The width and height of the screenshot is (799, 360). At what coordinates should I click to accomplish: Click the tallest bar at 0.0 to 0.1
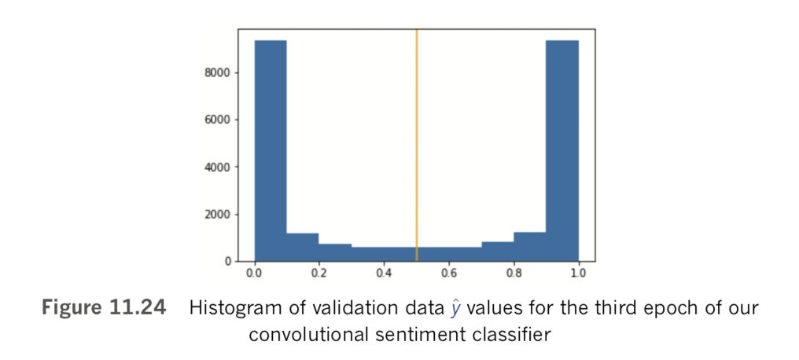270,149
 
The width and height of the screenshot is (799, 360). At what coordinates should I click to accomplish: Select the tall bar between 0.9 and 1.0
562,149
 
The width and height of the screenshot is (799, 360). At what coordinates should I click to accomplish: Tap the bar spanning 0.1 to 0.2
303,247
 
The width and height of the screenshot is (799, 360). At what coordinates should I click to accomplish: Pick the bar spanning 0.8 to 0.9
529,247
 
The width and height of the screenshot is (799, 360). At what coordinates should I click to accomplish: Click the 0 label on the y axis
229,261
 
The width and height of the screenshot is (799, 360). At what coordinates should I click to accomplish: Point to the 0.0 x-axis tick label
254,274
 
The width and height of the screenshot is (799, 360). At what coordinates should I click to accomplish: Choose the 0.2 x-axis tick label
318,274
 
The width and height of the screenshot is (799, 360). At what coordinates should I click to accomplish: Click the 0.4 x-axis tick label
384,274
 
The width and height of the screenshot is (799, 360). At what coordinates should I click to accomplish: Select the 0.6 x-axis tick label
448,274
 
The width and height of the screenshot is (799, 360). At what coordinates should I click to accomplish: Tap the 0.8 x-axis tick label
514,274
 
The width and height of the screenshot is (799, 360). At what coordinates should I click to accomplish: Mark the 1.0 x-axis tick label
578,274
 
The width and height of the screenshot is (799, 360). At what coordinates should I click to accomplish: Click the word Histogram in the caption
230,308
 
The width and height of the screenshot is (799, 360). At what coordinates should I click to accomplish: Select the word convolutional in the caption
304,333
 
